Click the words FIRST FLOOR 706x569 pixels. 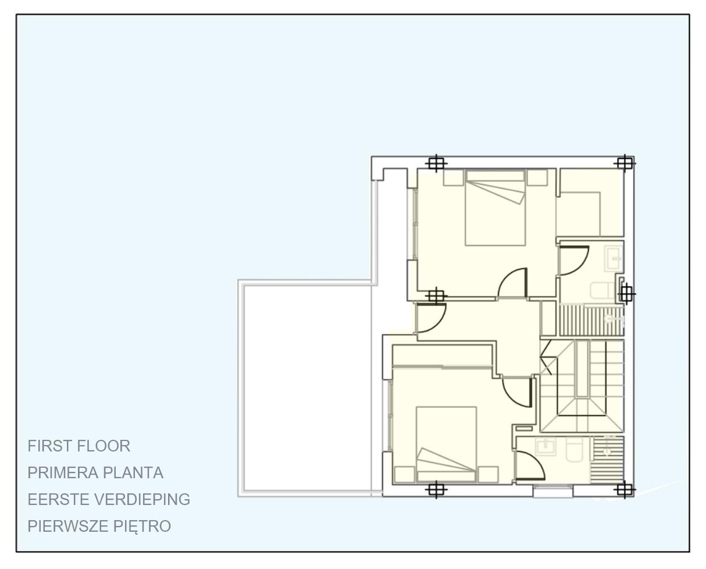click(79, 446)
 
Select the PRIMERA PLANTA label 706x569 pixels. click(95, 473)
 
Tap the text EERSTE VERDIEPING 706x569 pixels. click(109, 500)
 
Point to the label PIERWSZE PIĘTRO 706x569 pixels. click(99, 527)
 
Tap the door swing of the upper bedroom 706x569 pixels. click(514, 283)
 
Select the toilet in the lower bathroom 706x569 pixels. click(575, 450)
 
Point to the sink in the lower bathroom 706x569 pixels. click(545, 447)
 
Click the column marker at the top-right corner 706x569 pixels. click(624, 163)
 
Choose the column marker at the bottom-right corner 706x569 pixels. click(624, 490)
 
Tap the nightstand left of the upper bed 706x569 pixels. click(454, 177)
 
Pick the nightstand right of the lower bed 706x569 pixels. click(488, 474)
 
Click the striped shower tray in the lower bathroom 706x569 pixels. click(608, 459)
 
